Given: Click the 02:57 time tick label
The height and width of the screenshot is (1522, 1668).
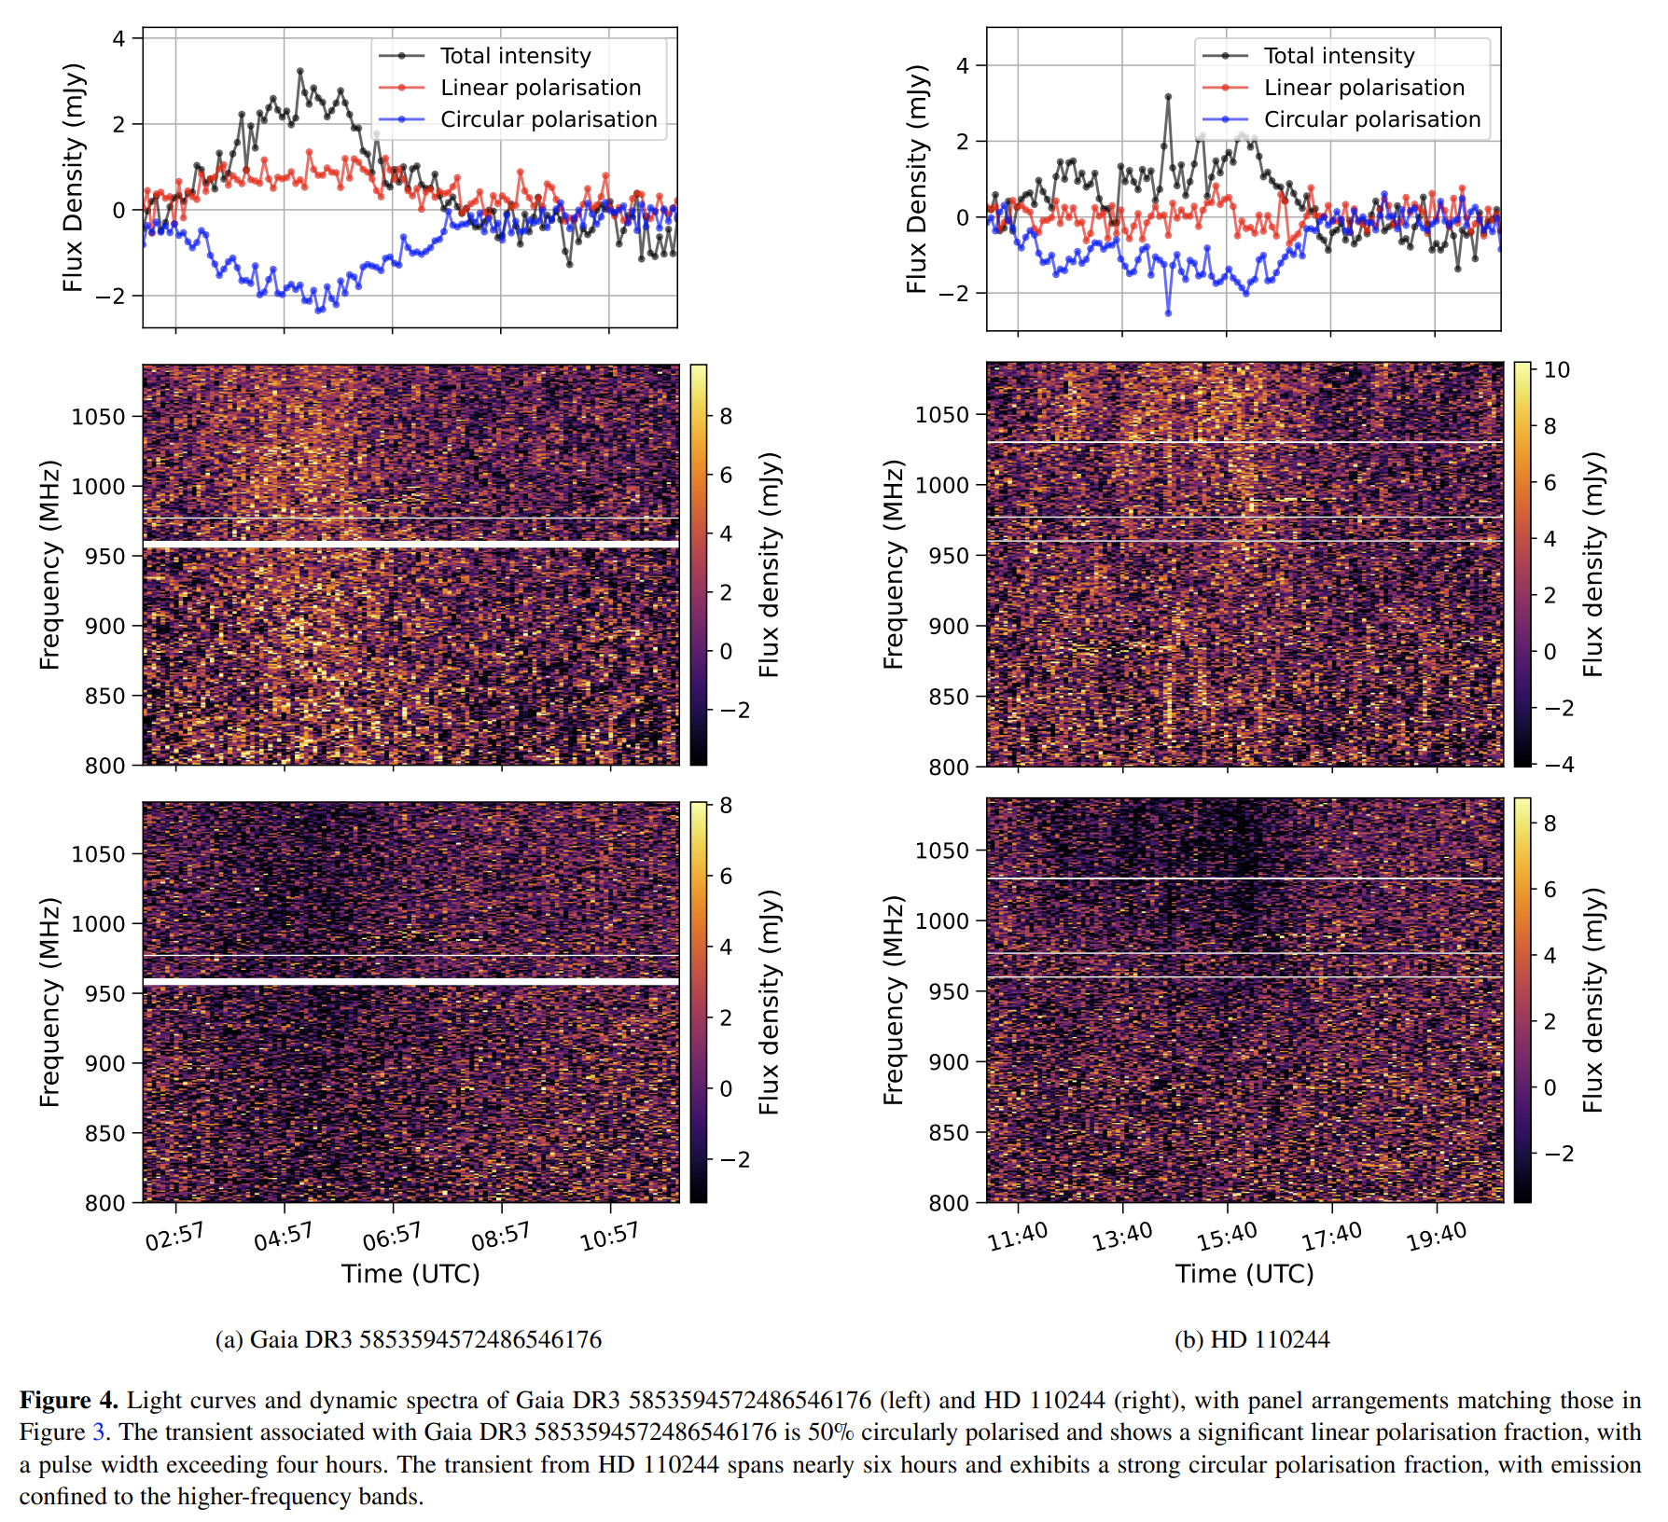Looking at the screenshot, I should coord(174,1237).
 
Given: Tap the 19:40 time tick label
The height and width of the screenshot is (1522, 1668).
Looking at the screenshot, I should coord(1437,1237).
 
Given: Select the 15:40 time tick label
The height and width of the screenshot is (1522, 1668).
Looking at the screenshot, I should coord(1228,1237).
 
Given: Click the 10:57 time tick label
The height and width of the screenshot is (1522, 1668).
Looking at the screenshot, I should coord(609,1237).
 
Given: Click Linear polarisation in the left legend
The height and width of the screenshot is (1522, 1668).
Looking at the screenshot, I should coord(540,88).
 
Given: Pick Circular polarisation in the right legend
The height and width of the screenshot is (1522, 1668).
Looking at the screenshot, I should coord(1371,119).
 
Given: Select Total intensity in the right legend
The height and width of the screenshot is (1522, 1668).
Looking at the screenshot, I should coord(1339,56).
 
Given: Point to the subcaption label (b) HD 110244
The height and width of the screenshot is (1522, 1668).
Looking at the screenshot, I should coord(1251,1339).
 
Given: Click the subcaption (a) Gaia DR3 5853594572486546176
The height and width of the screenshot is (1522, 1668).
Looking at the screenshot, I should coord(409,1339).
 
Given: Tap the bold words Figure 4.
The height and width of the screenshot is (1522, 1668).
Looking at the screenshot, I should coord(69,1400).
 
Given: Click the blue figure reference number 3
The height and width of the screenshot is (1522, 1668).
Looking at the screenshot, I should coord(98,1432).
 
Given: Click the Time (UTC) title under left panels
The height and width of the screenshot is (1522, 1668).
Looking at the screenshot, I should coord(410,1274).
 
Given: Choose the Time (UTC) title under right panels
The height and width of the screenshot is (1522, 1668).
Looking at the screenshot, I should coord(1244,1274).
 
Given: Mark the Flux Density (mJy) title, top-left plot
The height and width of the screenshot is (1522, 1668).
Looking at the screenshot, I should coord(74,177).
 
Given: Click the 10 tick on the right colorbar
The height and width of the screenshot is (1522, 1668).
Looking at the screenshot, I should coord(1557,370).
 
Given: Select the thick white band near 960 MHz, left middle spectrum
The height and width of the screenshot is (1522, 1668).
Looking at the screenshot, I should coord(410,543).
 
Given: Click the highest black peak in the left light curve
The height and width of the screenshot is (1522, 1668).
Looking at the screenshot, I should coord(299,71).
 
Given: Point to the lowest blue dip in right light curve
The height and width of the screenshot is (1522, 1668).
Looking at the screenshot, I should coord(1168,313).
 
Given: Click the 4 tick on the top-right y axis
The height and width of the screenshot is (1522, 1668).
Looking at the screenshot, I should coord(963,65).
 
